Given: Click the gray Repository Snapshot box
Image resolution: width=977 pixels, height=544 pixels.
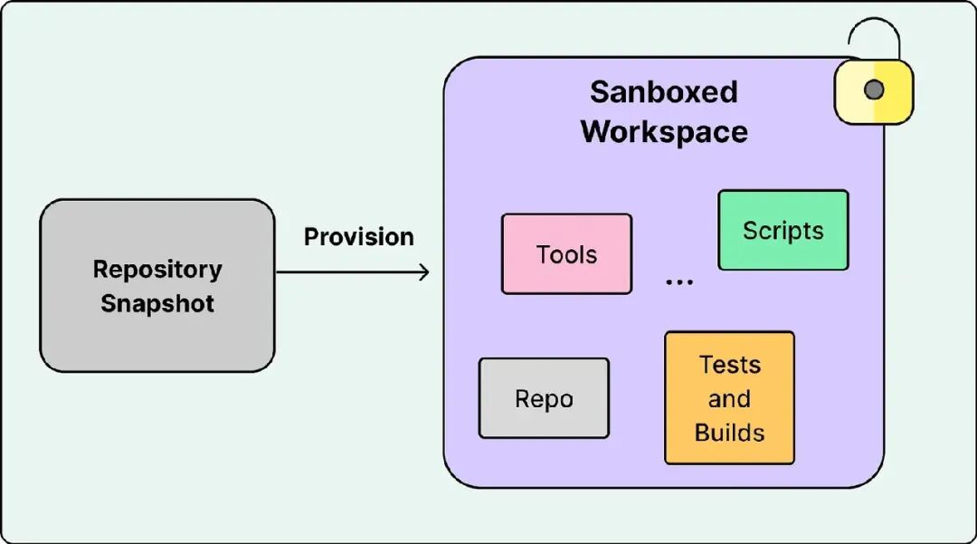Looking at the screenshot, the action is [x=157, y=285].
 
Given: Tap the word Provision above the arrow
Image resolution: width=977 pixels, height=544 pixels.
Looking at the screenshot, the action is [x=359, y=237].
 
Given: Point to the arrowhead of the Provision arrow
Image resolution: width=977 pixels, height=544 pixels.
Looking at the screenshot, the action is [x=425, y=272].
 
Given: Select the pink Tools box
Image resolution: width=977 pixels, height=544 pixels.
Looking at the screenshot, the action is [x=566, y=253].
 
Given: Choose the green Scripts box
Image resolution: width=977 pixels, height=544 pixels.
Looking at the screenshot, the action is [x=783, y=230].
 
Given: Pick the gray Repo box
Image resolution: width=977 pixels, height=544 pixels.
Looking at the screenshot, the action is [x=544, y=398].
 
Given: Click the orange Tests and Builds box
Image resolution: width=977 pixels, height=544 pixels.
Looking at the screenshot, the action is [x=730, y=397].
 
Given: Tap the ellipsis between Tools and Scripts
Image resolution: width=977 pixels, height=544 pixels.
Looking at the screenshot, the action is [x=679, y=282].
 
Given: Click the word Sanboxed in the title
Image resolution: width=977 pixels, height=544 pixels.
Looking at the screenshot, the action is [x=664, y=92].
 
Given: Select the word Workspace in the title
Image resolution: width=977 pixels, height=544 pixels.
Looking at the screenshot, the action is [x=664, y=131].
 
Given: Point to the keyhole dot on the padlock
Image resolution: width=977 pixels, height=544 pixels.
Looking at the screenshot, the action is [x=874, y=90].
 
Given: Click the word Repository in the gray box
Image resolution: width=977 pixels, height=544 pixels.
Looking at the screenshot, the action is [x=157, y=270].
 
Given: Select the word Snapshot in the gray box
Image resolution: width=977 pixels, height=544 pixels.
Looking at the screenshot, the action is [x=157, y=303].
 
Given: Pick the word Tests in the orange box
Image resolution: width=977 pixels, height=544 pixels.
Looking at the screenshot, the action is [x=730, y=365].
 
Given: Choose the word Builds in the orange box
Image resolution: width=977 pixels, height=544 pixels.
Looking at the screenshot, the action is [x=730, y=433].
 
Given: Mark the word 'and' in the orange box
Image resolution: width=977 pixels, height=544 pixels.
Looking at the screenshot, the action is [x=730, y=399].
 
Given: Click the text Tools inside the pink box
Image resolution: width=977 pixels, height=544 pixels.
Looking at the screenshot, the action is [x=566, y=254].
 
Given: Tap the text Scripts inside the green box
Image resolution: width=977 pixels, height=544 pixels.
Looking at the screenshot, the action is [x=783, y=231].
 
